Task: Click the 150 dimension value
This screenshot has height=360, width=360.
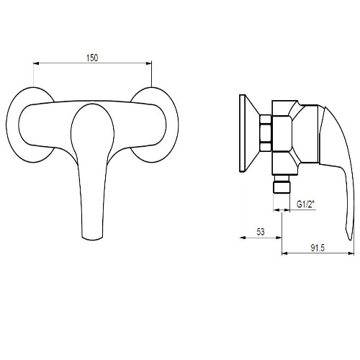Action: tap(92, 58)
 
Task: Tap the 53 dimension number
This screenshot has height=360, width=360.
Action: tap(261, 232)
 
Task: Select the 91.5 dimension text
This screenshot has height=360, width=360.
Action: tap(318, 248)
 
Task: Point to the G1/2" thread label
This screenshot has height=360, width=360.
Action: tap(305, 204)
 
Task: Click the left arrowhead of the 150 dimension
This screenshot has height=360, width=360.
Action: tap(36, 63)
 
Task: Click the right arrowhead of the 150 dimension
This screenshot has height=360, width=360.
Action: tap(149, 63)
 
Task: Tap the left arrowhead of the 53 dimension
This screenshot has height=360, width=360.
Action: tap(243, 238)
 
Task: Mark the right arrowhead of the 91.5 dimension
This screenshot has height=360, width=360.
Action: tap(351, 253)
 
